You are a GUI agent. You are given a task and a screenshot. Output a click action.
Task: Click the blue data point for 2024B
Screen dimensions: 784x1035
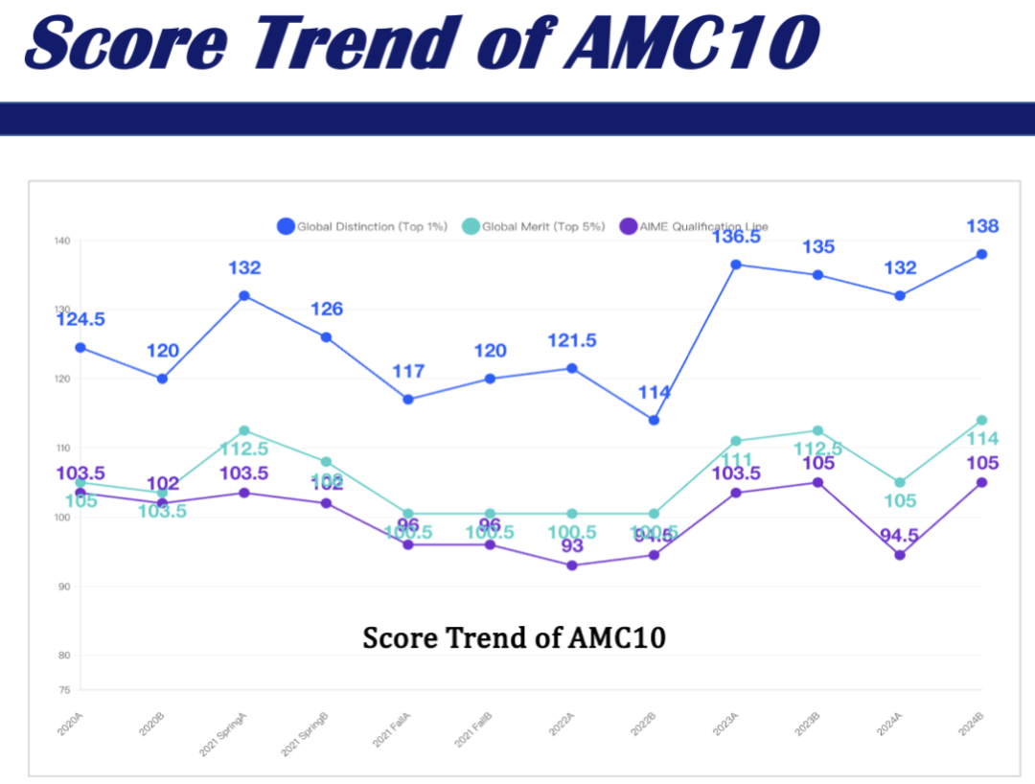(981, 254)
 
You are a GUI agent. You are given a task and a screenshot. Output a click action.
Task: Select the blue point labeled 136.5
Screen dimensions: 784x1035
(736, 265)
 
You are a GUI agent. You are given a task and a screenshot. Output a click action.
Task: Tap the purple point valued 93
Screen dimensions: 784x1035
(572, 565)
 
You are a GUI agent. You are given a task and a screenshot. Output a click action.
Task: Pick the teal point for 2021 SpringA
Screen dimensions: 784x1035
(244, 430)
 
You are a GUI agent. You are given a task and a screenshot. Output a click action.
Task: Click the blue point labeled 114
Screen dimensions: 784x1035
(654, 420)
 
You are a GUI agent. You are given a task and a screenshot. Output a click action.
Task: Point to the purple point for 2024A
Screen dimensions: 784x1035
(900, 555)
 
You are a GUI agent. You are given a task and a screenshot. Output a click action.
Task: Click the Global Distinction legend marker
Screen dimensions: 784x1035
(286, 226)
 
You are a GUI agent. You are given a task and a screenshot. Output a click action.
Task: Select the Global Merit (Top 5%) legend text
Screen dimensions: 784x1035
(543, 227)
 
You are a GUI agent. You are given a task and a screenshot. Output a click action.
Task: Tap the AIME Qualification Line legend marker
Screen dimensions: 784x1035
(628, 226)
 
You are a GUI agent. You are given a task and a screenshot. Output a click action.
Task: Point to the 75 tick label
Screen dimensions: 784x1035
(63, 690)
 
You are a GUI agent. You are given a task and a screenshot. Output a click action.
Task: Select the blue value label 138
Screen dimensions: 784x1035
(981, 226)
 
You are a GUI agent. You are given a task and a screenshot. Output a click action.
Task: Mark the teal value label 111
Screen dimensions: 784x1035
(735, 461)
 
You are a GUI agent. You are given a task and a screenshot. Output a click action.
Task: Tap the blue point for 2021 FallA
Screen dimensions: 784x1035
(408, 399)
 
